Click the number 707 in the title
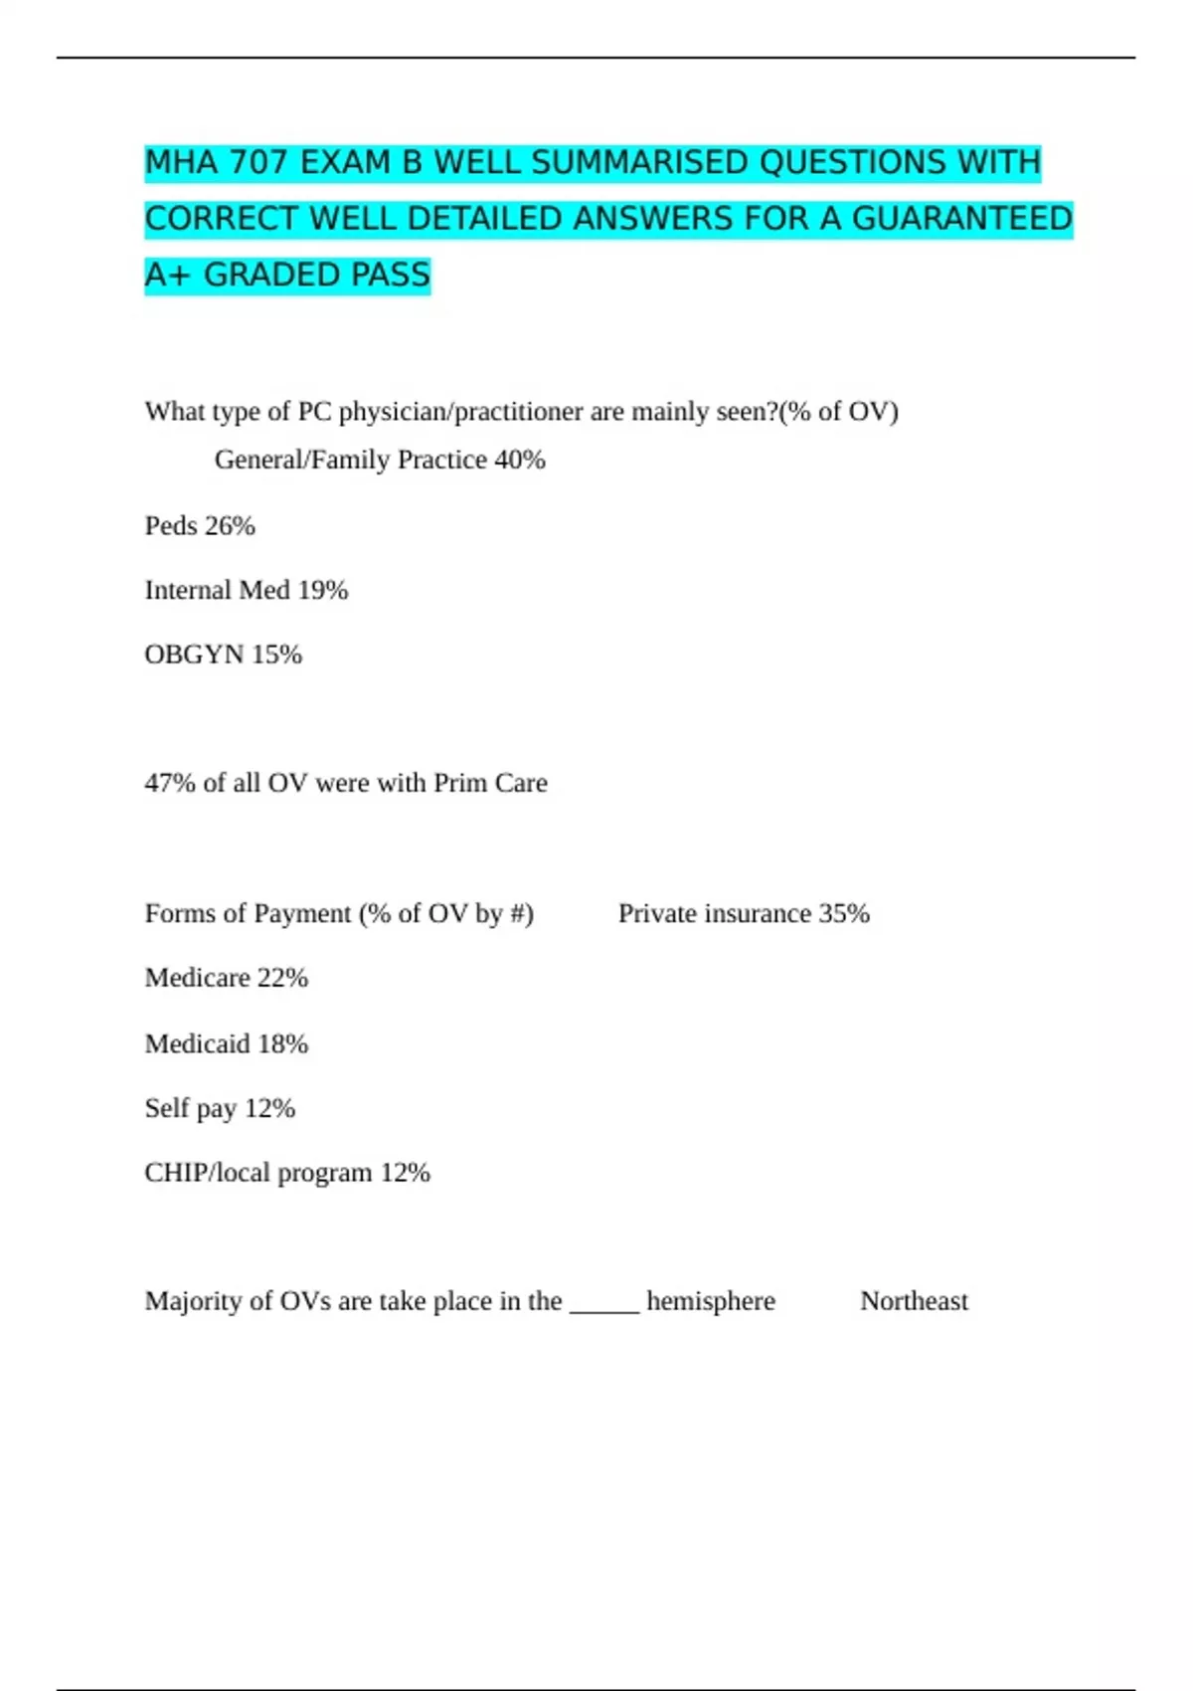(x=258, y=162)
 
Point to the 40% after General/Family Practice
(x=520, y=460)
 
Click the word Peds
(x=171, y=525)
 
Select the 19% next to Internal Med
(x=323, y=590)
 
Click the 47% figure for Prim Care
(x=169, y=783)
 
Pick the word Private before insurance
(x=658, y=913)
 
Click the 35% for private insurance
(x=844, y=913)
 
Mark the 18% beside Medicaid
(x=282, y=1043)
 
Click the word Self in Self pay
(x=166, y=1108)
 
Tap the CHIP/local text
(x=207, y=1173)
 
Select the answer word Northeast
(x=914, y=1301)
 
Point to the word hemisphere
(x=710, y=1301)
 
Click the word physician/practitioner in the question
(x=460, y=412)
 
